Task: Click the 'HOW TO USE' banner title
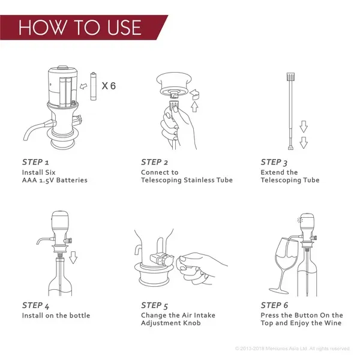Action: tap(80, 28)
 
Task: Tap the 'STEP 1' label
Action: tap(35, 162)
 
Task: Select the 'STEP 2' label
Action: tap(154, 162)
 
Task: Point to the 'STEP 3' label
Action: tap(274, 163)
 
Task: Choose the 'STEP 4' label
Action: tap(35, 305)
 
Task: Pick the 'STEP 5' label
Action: tap(155, 305)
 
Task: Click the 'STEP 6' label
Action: tap(274, 305)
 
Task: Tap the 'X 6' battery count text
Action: tap(109, 86)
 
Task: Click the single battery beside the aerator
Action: tap(93, 86)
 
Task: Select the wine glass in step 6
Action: tap(284, 264)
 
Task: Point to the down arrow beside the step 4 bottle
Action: tap(73, 257)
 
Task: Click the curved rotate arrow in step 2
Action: tap(194, 94)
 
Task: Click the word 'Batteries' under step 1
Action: tap(72, 180)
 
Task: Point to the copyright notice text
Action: tap(292, 349)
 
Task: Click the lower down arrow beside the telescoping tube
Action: tap(304, 143)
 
